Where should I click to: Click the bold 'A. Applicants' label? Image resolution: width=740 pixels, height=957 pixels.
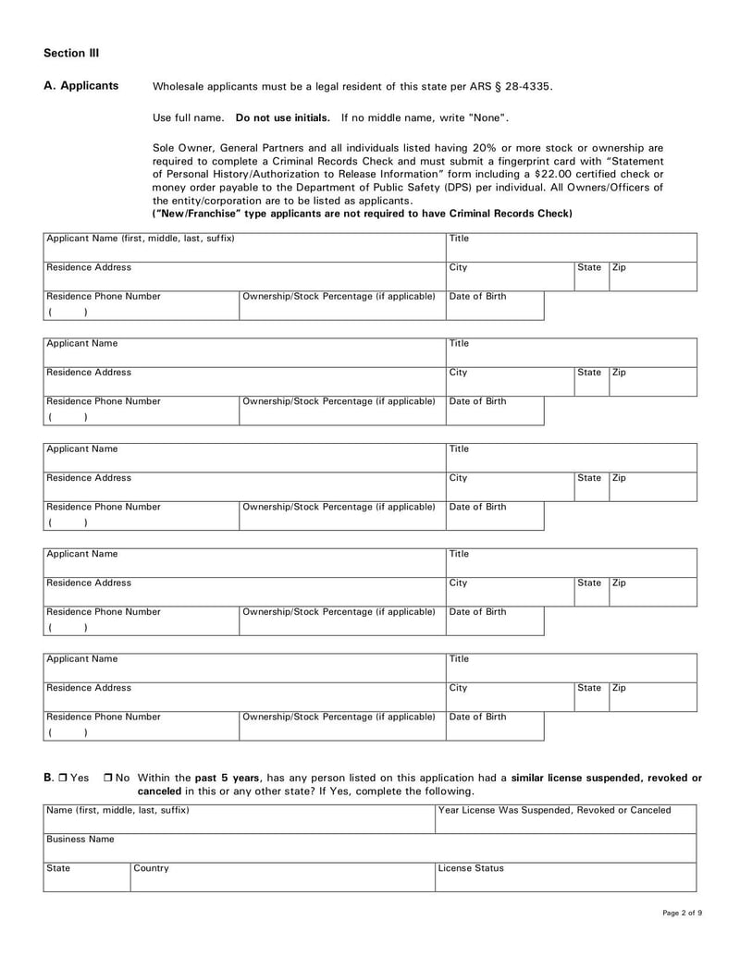click(81, 86)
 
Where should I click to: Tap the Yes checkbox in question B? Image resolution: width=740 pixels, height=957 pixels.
click(62, 779)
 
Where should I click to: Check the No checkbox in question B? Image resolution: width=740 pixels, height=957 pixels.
click(109, 779)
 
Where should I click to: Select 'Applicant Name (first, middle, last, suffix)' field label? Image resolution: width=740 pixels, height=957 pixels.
click(140, 239)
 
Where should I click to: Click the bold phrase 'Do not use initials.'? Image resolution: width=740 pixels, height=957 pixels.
click(283, 117)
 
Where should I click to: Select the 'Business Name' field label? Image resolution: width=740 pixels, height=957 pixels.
click(80, 840)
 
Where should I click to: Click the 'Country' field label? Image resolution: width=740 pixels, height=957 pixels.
click(152, 869)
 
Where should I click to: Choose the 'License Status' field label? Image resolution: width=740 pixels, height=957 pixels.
click(471, 869)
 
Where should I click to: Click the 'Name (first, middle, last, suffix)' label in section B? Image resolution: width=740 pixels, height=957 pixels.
click(117, 811)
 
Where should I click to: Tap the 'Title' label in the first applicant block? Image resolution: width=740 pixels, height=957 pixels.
click(459, 239)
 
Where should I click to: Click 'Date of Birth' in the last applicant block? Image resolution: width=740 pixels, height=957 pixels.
click(477, 718)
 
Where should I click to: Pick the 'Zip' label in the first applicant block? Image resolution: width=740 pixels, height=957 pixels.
click(620, 268)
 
